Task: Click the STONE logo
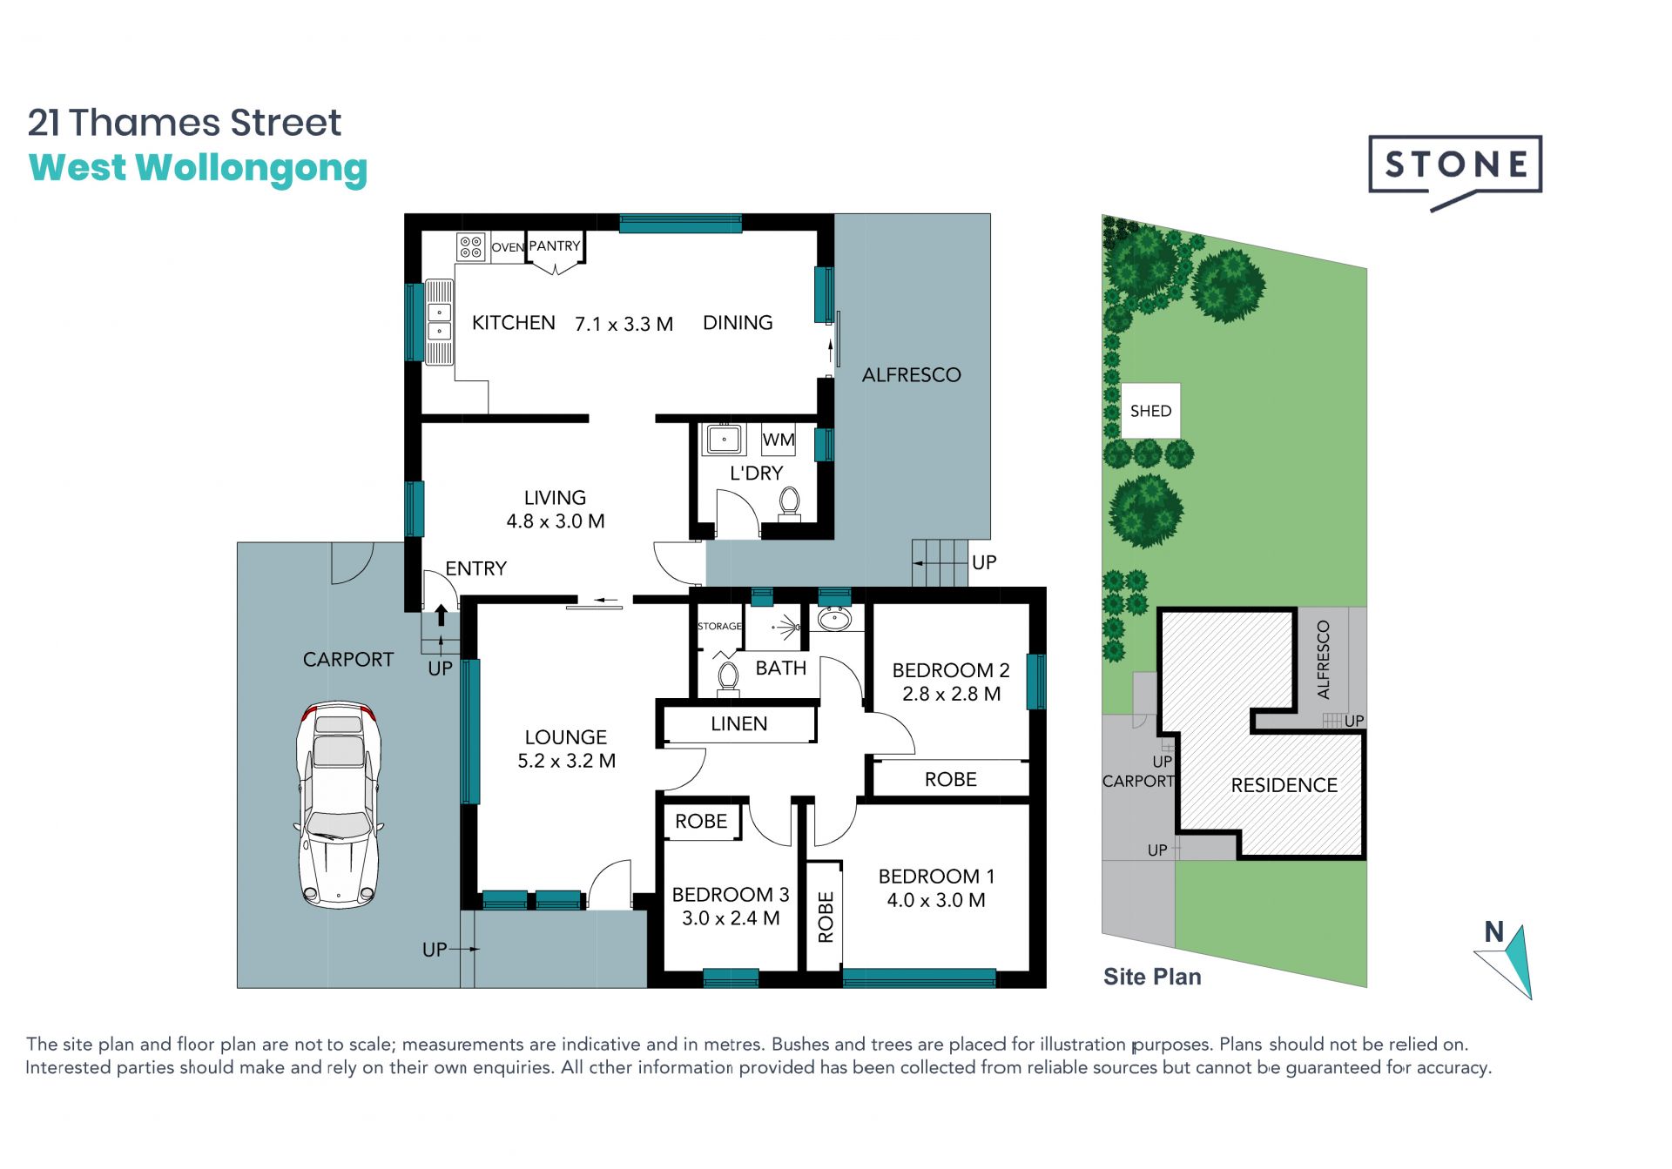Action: (1455, 171)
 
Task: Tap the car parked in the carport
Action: (339, 804)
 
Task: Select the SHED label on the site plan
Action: (1150, 411)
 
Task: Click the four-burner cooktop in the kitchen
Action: (471, 246)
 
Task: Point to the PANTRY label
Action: (555, 246)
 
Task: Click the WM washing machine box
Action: (778, 440)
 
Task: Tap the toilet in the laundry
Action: (789, 503)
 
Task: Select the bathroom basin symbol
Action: (834, 619)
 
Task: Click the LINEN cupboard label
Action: (738, 723)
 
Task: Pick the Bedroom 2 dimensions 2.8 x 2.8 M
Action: (951, 694)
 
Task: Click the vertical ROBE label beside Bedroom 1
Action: (826, 917)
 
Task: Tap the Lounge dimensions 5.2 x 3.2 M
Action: (566, 761)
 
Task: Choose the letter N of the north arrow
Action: (1494, 931)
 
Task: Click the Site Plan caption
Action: (1152, 977)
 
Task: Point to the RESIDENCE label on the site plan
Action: (1284, 785)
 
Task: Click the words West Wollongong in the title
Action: (199, 169)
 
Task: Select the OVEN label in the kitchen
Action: (508, 247)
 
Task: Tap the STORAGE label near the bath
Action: (719, 626)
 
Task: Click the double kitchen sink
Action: (439, 321)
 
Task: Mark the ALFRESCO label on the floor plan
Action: (911, 375)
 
